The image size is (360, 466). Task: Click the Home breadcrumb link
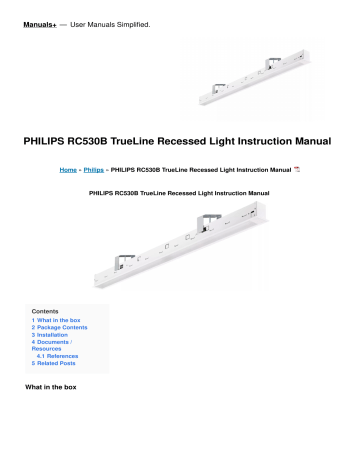(70, 171)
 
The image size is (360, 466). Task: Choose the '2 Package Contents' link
(61, 332)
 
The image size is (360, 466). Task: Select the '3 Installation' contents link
(52, 340)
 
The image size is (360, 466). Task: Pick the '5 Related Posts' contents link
(59, 374)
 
